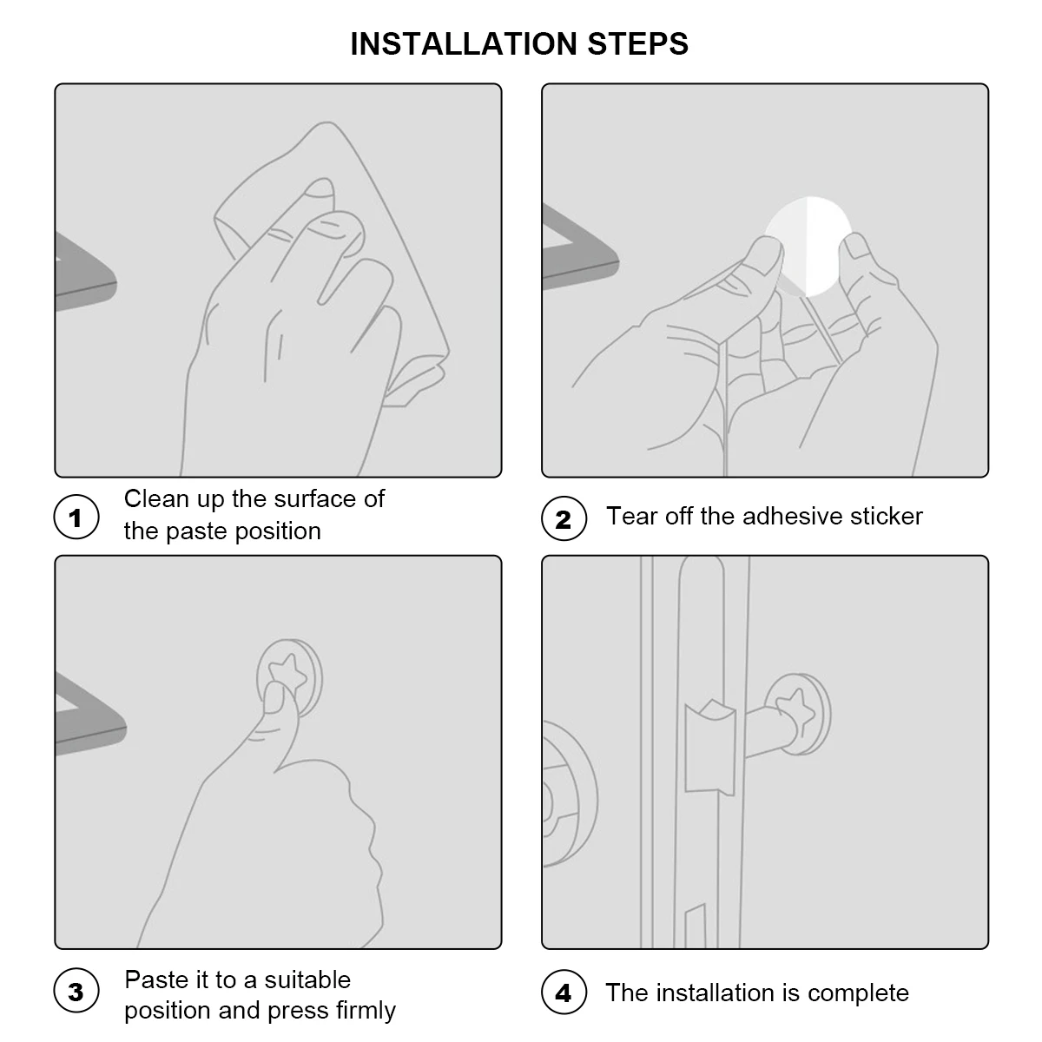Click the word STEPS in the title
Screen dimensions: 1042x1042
pos(638,43)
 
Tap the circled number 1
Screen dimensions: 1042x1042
pos(76,517)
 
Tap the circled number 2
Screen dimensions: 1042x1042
pos(564,518)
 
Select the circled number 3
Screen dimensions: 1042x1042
pos(76,991)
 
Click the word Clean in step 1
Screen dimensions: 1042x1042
pos(156,498)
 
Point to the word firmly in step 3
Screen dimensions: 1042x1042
pos(366,1011)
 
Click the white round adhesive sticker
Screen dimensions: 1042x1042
pos(808,246)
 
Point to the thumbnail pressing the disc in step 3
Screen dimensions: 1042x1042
pos(274,697)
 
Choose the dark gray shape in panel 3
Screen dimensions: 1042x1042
pos(89,713)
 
